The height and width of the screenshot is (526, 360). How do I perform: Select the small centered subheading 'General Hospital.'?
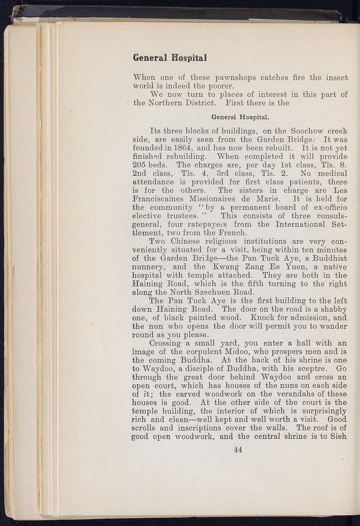[240, 117]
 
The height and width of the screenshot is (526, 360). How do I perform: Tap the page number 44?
[239, 449]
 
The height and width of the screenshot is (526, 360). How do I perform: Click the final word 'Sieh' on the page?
[337, 437]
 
